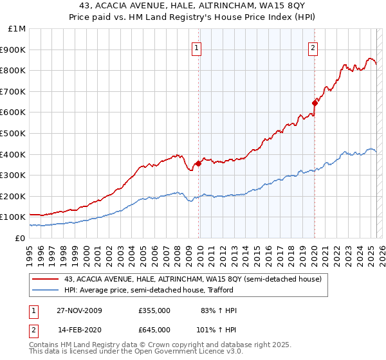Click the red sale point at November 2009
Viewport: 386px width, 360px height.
tap(198, 163)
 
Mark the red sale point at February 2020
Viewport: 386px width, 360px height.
tap(315, 103)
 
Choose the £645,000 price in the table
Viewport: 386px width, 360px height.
tap(154, 329)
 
